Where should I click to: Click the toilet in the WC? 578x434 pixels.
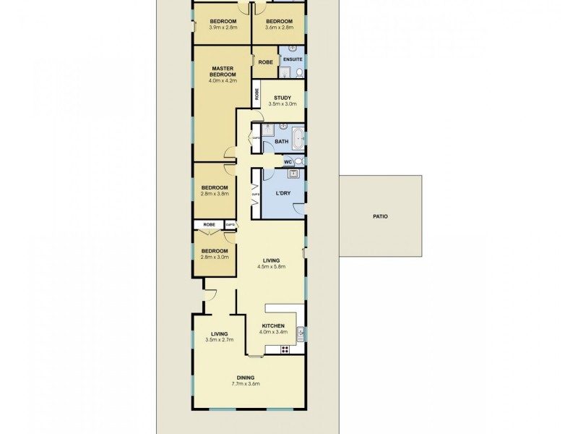298,161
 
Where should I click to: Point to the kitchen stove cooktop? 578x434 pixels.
285,349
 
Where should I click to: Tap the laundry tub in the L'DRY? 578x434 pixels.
294,174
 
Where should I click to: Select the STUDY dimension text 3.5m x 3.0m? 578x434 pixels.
282,104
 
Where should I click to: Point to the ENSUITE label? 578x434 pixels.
293,59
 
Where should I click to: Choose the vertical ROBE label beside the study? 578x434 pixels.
256,93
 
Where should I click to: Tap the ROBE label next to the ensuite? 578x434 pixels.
265,62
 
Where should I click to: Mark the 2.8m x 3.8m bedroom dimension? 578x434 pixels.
214,194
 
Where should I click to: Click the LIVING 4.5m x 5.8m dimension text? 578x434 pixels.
272,266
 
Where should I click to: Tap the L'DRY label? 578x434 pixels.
283,193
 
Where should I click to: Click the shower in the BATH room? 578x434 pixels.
266,129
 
